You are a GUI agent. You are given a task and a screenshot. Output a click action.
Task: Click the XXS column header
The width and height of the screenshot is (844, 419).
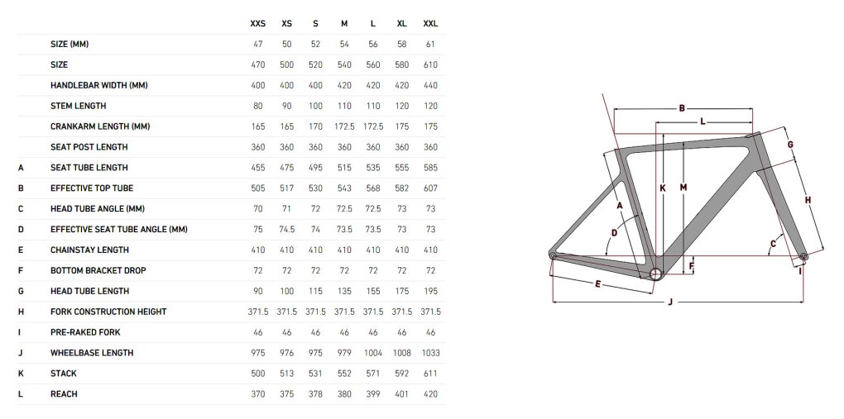pos(258,24)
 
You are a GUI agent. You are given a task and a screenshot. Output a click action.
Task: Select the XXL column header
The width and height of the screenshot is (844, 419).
pos(430,24)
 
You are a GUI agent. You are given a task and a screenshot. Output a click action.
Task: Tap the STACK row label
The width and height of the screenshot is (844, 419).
pos(64,374)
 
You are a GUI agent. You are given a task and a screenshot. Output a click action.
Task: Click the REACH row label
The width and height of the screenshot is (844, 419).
pos(64,394)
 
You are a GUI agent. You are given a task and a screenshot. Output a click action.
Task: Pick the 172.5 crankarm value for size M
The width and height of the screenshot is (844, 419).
pos(344,127)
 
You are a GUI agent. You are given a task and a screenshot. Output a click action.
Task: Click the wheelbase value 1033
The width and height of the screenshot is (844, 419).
pos(430,353)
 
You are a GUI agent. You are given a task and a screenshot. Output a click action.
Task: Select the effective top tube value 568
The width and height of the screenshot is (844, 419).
pos(373,188)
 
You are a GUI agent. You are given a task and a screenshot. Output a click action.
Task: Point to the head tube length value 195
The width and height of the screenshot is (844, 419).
pos(430,291)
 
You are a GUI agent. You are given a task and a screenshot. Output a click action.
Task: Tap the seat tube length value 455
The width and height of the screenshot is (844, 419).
pos(258,168)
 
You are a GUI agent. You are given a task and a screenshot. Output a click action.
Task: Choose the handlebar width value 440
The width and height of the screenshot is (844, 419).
pos(430,85)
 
